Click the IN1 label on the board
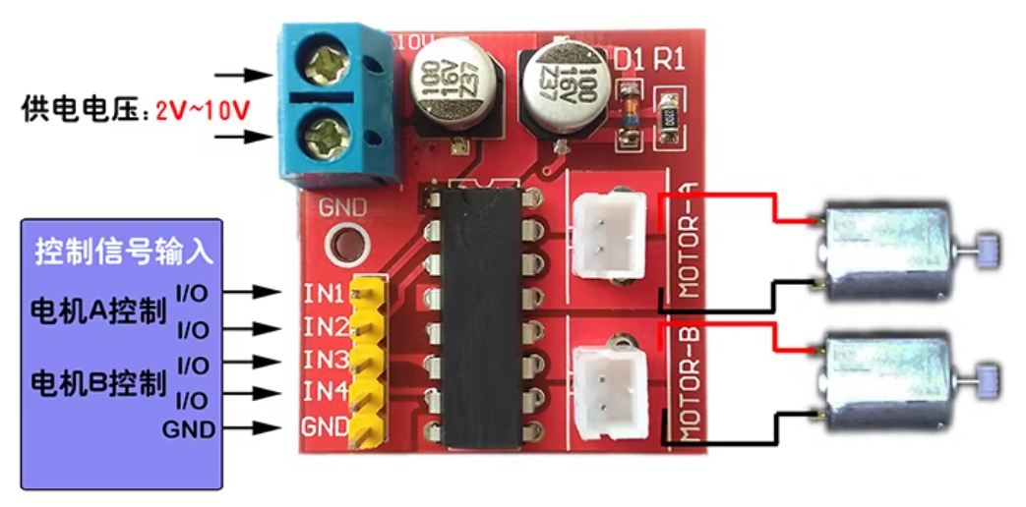(324, 293)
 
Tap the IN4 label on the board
(324, 391)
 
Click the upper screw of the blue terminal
(325, 68)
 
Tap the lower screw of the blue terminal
(325, 130)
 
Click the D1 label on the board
(628, 60)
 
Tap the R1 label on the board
(670, 60)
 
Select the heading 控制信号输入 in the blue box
(124, 252)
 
